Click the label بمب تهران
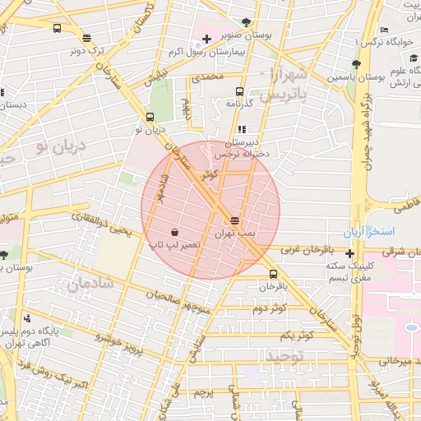click(235, 234)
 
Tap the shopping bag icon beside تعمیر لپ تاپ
click(173, 231)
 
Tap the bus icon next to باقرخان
click(273, 275)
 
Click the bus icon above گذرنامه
click(239, 92)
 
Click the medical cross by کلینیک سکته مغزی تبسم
click(350, 254)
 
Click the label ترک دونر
click(87, 50)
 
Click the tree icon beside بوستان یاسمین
click(355, 64)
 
